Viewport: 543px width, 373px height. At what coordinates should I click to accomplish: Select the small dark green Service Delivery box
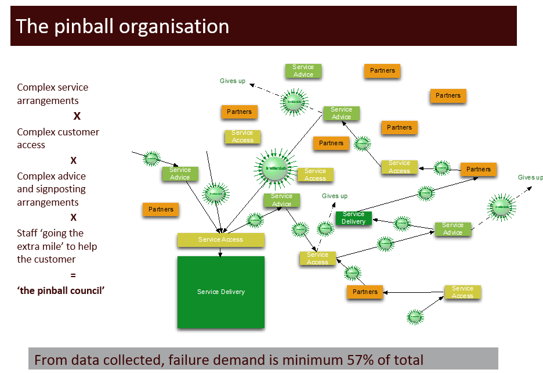coord(353,218)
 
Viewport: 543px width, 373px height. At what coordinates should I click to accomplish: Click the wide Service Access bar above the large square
coord(220,239)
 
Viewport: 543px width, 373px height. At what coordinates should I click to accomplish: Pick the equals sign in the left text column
coord(73,275)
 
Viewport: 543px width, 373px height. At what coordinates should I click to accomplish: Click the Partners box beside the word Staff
coord(161,209)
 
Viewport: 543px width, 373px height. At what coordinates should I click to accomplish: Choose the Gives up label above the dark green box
coord(335,196)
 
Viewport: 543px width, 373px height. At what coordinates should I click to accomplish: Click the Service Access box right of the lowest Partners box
coord(462,292)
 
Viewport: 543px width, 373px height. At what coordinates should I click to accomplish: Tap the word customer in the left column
coord(78,132)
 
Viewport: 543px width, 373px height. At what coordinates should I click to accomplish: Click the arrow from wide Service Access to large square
coord(220,252)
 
